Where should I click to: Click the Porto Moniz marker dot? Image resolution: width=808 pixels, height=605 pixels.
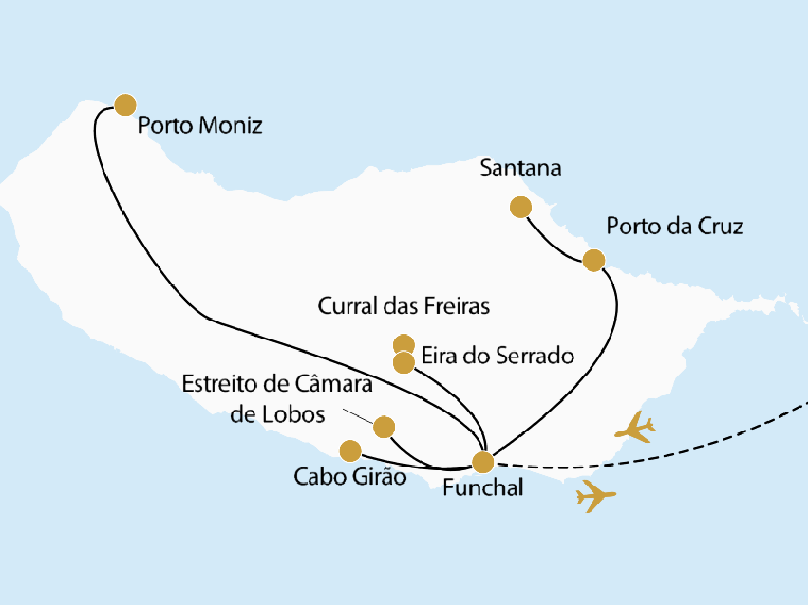pos(124,104)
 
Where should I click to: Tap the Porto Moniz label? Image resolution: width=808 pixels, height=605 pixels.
pos(199,125)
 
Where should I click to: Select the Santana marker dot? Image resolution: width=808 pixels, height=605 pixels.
pos(520,207)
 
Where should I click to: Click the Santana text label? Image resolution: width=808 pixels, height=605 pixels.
pos(521,170)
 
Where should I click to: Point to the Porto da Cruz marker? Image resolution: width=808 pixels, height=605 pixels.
pos(593,260)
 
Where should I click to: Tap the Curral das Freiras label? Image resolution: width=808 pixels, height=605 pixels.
pos(404,306)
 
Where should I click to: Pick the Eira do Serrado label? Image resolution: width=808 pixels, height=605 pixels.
pos(498,357)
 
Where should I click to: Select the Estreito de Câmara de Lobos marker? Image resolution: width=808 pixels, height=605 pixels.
pos(384,427)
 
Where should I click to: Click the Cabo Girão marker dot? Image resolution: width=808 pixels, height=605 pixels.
pos(350,449)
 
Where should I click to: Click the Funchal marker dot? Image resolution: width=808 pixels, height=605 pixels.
pos(483,462)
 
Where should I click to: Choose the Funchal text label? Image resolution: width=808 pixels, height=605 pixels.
pos(482,489)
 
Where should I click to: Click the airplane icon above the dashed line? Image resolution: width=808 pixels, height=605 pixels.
pos(634,429)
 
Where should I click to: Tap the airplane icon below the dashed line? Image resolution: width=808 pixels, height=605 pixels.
pos(596,495)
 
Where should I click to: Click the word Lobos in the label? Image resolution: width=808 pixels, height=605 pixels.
pos(297,414)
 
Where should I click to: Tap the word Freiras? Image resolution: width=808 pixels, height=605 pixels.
pos(460,306)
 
